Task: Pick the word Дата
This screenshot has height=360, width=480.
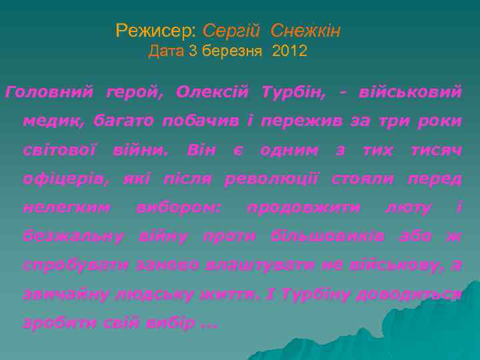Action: (166, 51)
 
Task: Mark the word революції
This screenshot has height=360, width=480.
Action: (272, 179)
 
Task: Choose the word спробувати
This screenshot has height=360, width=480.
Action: (75, 265)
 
